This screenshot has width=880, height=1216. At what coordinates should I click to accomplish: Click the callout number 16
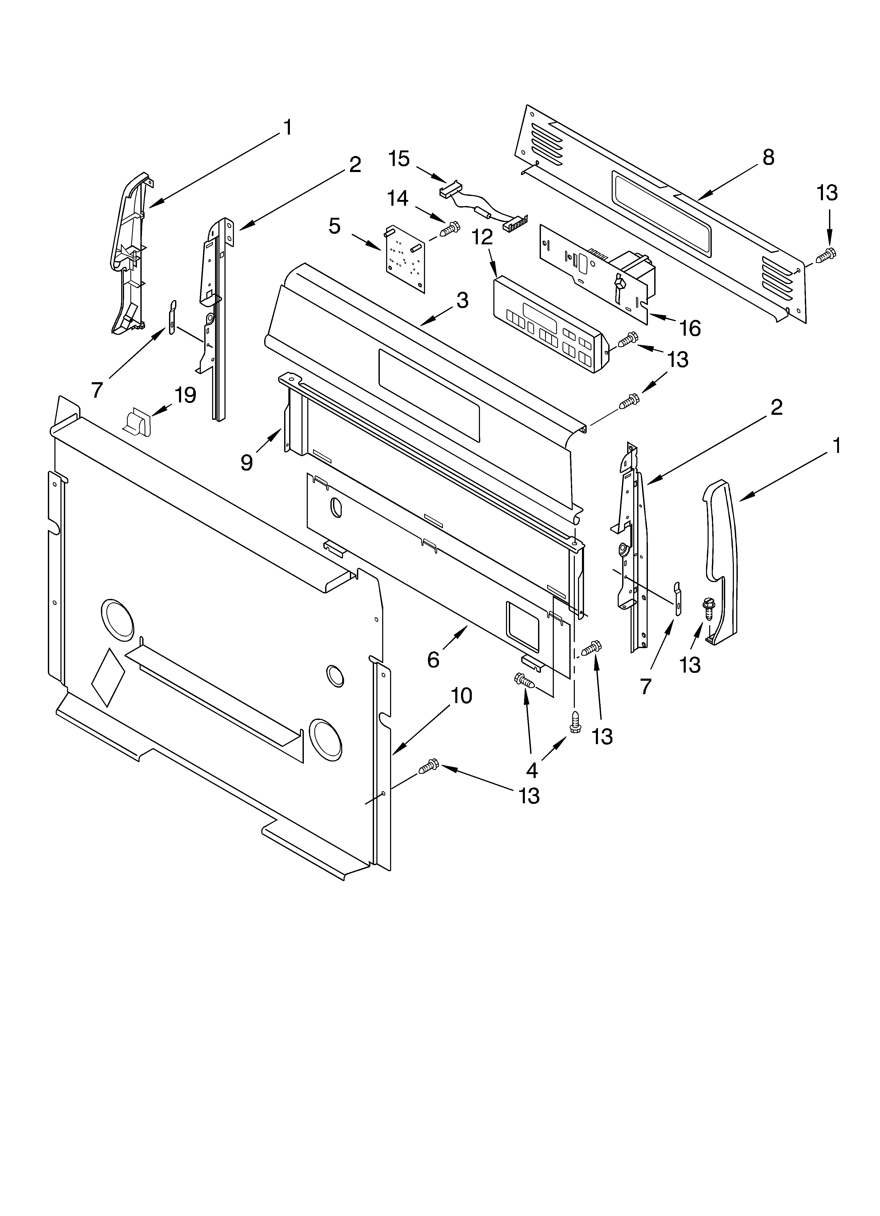(690, 328)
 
